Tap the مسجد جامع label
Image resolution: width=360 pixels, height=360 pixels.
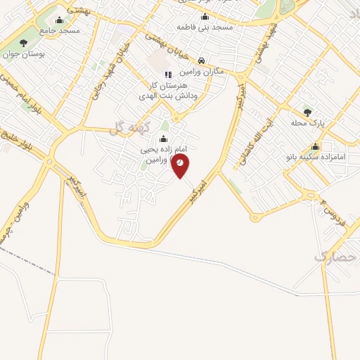click(60, 31)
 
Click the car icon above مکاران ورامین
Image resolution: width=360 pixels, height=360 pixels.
click(202, 61)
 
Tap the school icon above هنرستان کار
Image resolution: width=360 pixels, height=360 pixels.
click(167, 75)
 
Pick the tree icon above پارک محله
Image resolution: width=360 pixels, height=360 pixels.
click(307, 112)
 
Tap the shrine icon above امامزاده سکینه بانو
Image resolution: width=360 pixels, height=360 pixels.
click(315, 147)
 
